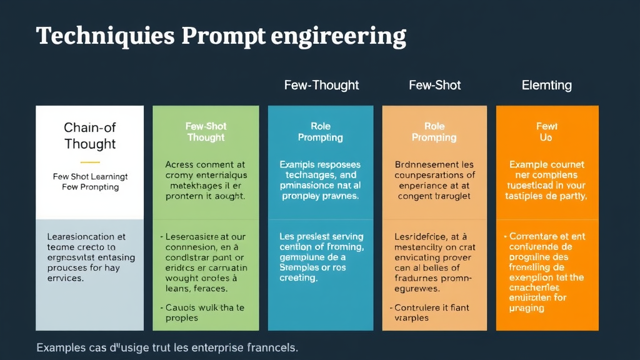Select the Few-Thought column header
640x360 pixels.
coord(321,85)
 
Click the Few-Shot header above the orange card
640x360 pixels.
coord(434,85)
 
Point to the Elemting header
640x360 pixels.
coord(546,85)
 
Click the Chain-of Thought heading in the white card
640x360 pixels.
coord(90,136)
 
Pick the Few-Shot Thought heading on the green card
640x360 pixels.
coord(206,132)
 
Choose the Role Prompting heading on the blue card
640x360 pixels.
coord(320,132)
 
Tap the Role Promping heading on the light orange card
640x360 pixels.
coord(434,132)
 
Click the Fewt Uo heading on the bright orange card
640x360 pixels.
coord(547,132)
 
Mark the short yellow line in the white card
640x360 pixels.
coord(90,161)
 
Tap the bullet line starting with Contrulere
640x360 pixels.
coord(431,307)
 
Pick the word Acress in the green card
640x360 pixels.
coord(180,164)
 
